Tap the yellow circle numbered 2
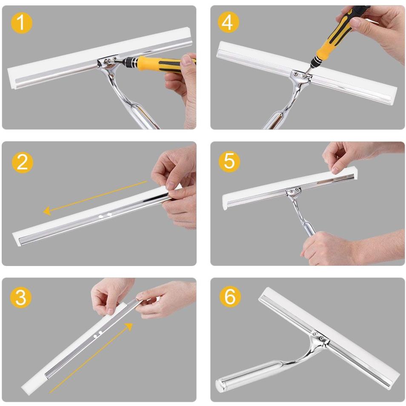click(22, 162)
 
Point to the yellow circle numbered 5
click(229, 162)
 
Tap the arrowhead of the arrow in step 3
click(128, 326)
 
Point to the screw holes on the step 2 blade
click(105, 216)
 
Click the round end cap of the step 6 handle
click(220, 385)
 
